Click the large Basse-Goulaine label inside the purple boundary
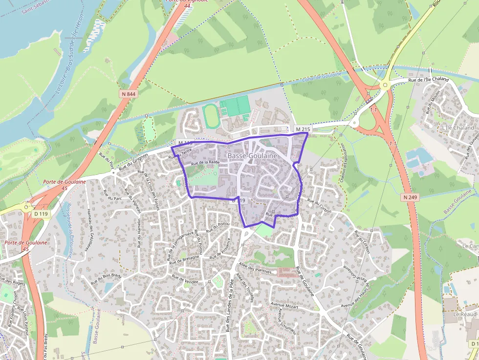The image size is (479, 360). pyautogui.click(x=252, y=155)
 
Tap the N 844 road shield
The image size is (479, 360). pyautogui.click(x=128, y=94)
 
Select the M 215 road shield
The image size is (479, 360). pyautogui.click(x=303, y=129)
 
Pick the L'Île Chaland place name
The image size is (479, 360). pyautogui.click(x=457, y=127)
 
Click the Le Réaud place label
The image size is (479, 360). pyautogui.click(x=464, y=314)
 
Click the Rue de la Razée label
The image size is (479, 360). pyautogui.click(x=205, y=162)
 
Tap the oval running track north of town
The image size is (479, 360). pyautogui.click(x=211, y=116)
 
